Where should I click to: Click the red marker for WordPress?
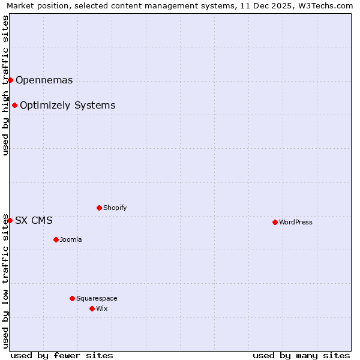coord(275,222)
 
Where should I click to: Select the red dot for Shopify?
coord(99,208)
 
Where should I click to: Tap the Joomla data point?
coord(56,239)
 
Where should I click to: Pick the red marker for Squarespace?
coord(72,298)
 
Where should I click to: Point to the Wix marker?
coord(92,308)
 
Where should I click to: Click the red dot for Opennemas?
coord(10,80)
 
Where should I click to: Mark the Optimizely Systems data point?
coord(14,105)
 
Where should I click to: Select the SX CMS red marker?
coord(10,220)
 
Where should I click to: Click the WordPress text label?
coord(295,222)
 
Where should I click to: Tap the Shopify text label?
coord(115,208)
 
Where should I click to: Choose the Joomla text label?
coord(71,239)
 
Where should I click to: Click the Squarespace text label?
coord(97,298)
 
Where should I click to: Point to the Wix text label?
coord(101,308)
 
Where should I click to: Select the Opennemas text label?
coord(44,80)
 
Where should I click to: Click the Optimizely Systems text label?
coord(67,105)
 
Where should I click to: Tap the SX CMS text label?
coord(34,220)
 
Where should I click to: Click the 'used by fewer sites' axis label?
coord(62,355)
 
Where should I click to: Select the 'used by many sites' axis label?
coord(301,355)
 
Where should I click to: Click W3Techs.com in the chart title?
coord(323,6)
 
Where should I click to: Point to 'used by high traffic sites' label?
coord(5,85)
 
